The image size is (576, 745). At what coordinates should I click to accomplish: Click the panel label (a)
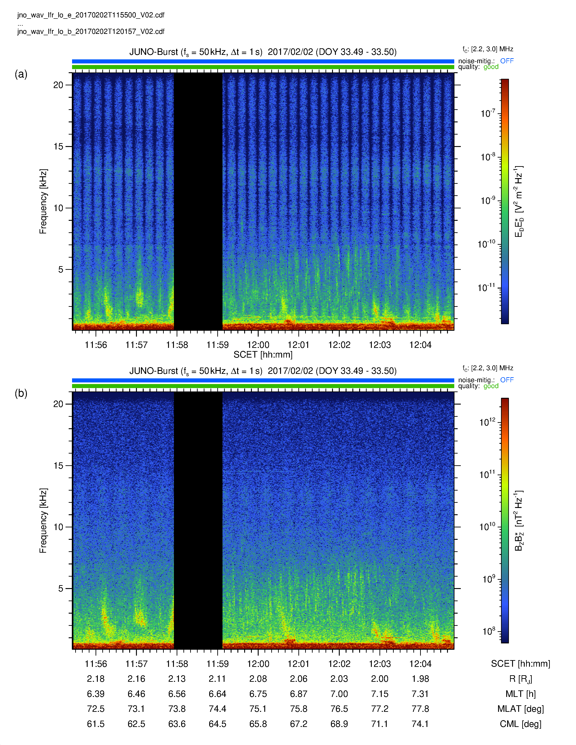[x=21, y=74]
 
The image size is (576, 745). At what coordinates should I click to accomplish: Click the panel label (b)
[x=21, y=393]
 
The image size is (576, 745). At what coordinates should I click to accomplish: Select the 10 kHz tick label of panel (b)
[x=58, y=527]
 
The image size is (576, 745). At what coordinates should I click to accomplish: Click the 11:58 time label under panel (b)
[x=177, y=664]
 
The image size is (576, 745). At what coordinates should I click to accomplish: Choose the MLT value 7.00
[x=339, y=694]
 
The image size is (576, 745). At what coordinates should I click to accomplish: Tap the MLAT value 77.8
[x=420, y=709]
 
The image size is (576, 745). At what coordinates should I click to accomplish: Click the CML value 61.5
[x=96, y=724]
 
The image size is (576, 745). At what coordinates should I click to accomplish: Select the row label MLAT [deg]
[x=520, y=709]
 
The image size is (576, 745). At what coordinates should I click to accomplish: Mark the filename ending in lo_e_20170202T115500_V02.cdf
[x=91, y=15]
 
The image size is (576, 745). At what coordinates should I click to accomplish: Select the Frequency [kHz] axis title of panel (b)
[x=43, y=521]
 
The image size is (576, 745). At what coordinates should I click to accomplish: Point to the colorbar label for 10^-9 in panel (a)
[x=488, y=200]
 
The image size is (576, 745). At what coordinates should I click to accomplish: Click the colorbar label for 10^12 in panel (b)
[x=487, y=422]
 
